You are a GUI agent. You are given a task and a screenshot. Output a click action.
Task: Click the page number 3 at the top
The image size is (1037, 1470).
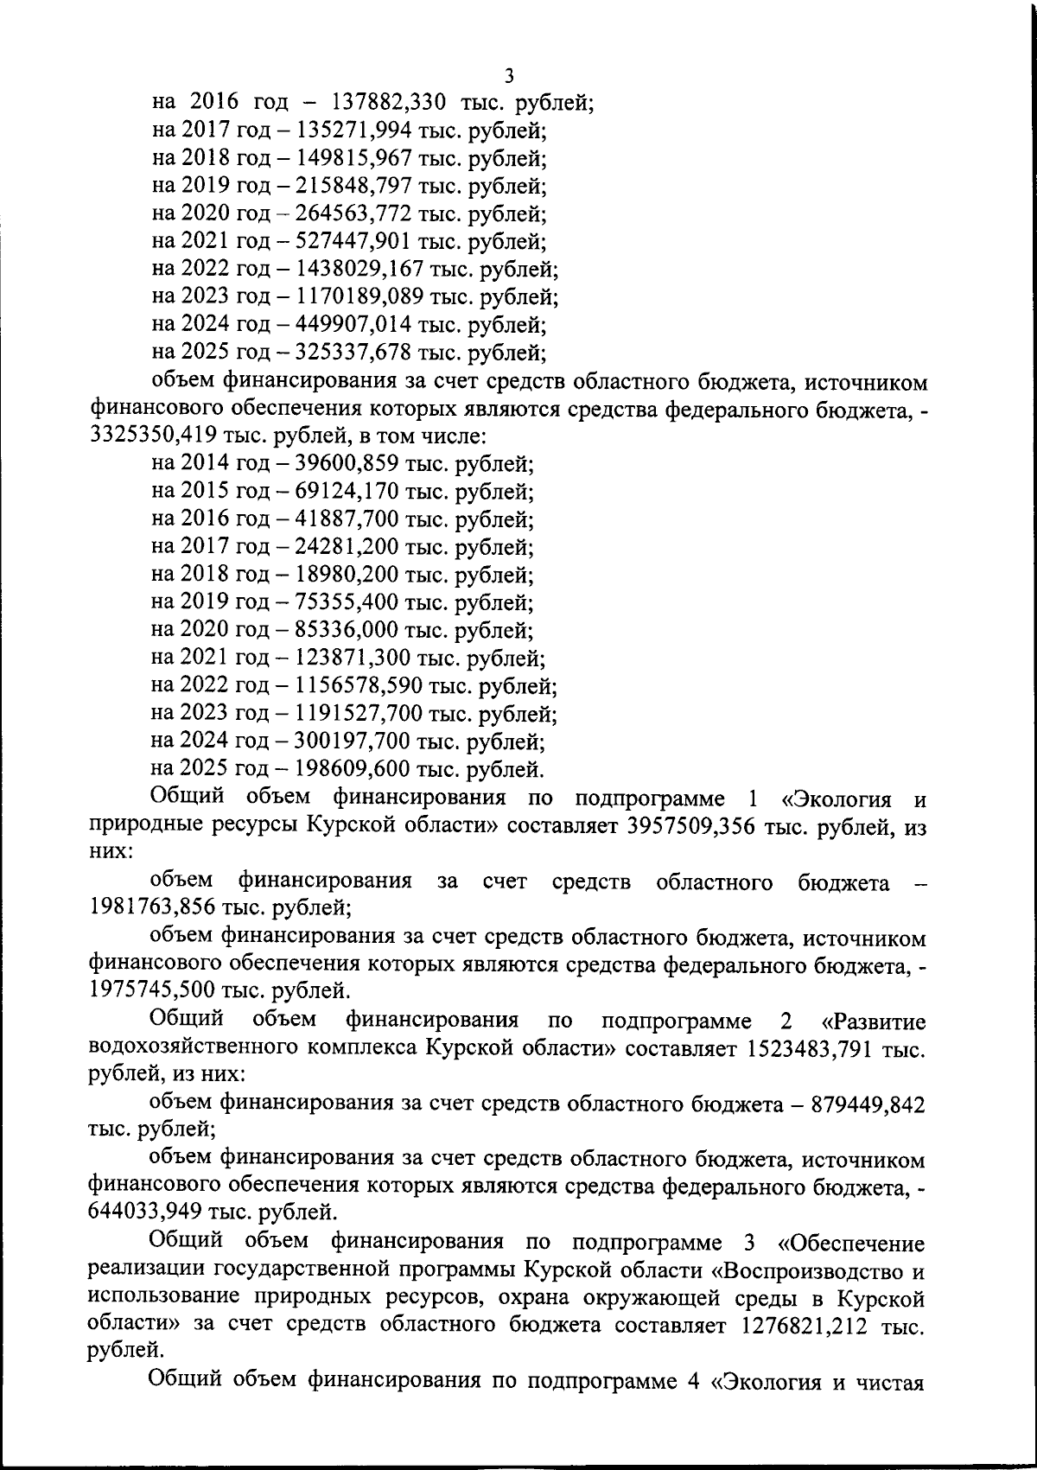[x=510, y=76]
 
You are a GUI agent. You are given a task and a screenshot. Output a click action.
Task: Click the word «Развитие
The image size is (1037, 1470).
[x=874, y=1021]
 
